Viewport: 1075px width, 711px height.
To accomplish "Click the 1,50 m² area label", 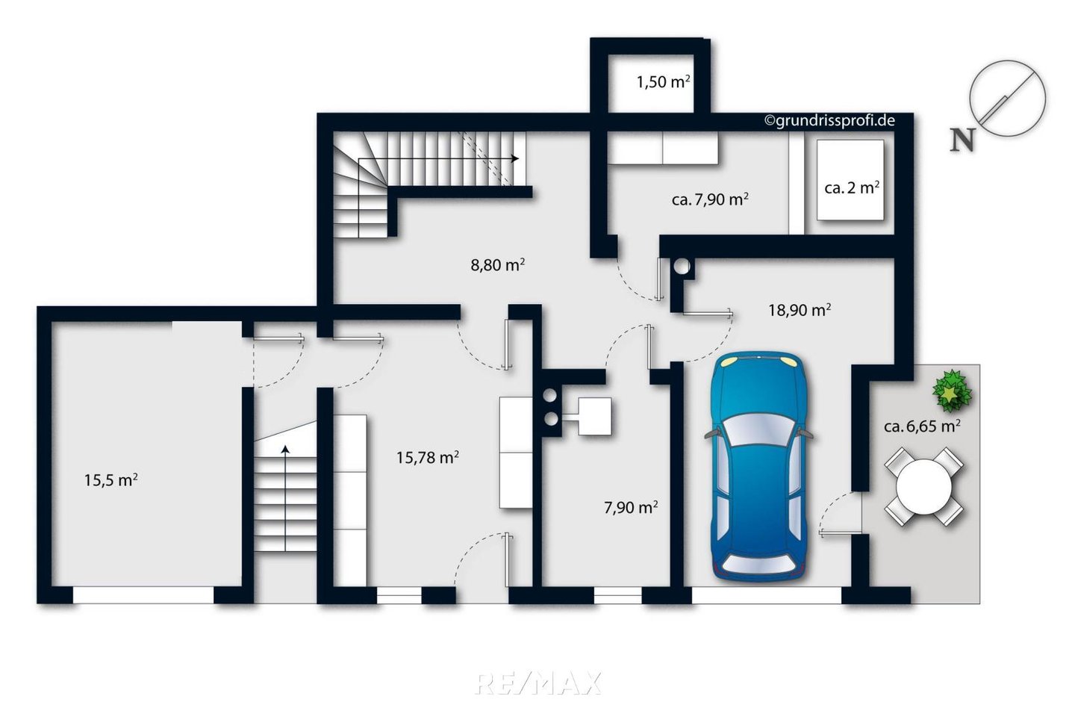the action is [x=663, y=82].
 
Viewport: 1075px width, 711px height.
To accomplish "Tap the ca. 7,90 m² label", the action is [x=710, y=199].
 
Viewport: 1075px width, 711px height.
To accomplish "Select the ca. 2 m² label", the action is [x=852, y=187].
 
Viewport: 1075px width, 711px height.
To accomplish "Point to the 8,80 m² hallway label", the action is [x=498, y=264].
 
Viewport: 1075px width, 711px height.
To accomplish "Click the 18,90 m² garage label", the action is [x=800, y=310].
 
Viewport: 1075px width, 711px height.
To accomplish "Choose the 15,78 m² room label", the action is [x=427, y=458].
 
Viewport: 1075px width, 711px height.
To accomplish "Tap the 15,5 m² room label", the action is [x=110, y=480].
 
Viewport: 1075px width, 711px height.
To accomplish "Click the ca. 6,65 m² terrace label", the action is [x=922, y=426].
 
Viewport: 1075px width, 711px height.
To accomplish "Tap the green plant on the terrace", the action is [x=952, y=391].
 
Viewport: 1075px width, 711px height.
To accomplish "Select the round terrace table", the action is [x=924, y=487].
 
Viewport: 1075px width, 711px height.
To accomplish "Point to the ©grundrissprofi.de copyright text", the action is [x=830, y=120].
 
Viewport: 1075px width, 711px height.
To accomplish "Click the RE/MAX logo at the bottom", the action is [x=537, y=683].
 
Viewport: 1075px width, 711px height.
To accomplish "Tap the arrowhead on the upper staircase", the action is [x=515, y=158].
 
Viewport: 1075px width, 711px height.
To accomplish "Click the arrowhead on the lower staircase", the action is [x=285, y=450].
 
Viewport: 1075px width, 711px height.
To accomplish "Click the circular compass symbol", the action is [x=1007, y=99].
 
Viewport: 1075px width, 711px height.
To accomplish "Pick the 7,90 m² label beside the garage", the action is [x=631, y=507].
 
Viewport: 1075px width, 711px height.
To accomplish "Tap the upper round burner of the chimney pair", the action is [x=550, y=395].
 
